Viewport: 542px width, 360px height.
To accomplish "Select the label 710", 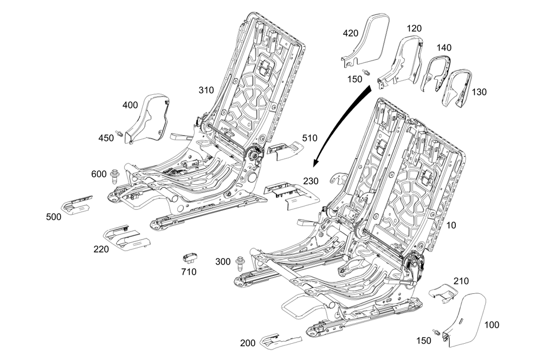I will coord(189,272).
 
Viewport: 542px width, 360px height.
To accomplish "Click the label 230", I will coord(311,181).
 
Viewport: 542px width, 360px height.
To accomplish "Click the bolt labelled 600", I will coord(114,175).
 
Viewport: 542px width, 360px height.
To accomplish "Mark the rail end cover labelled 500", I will coord(77,204).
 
